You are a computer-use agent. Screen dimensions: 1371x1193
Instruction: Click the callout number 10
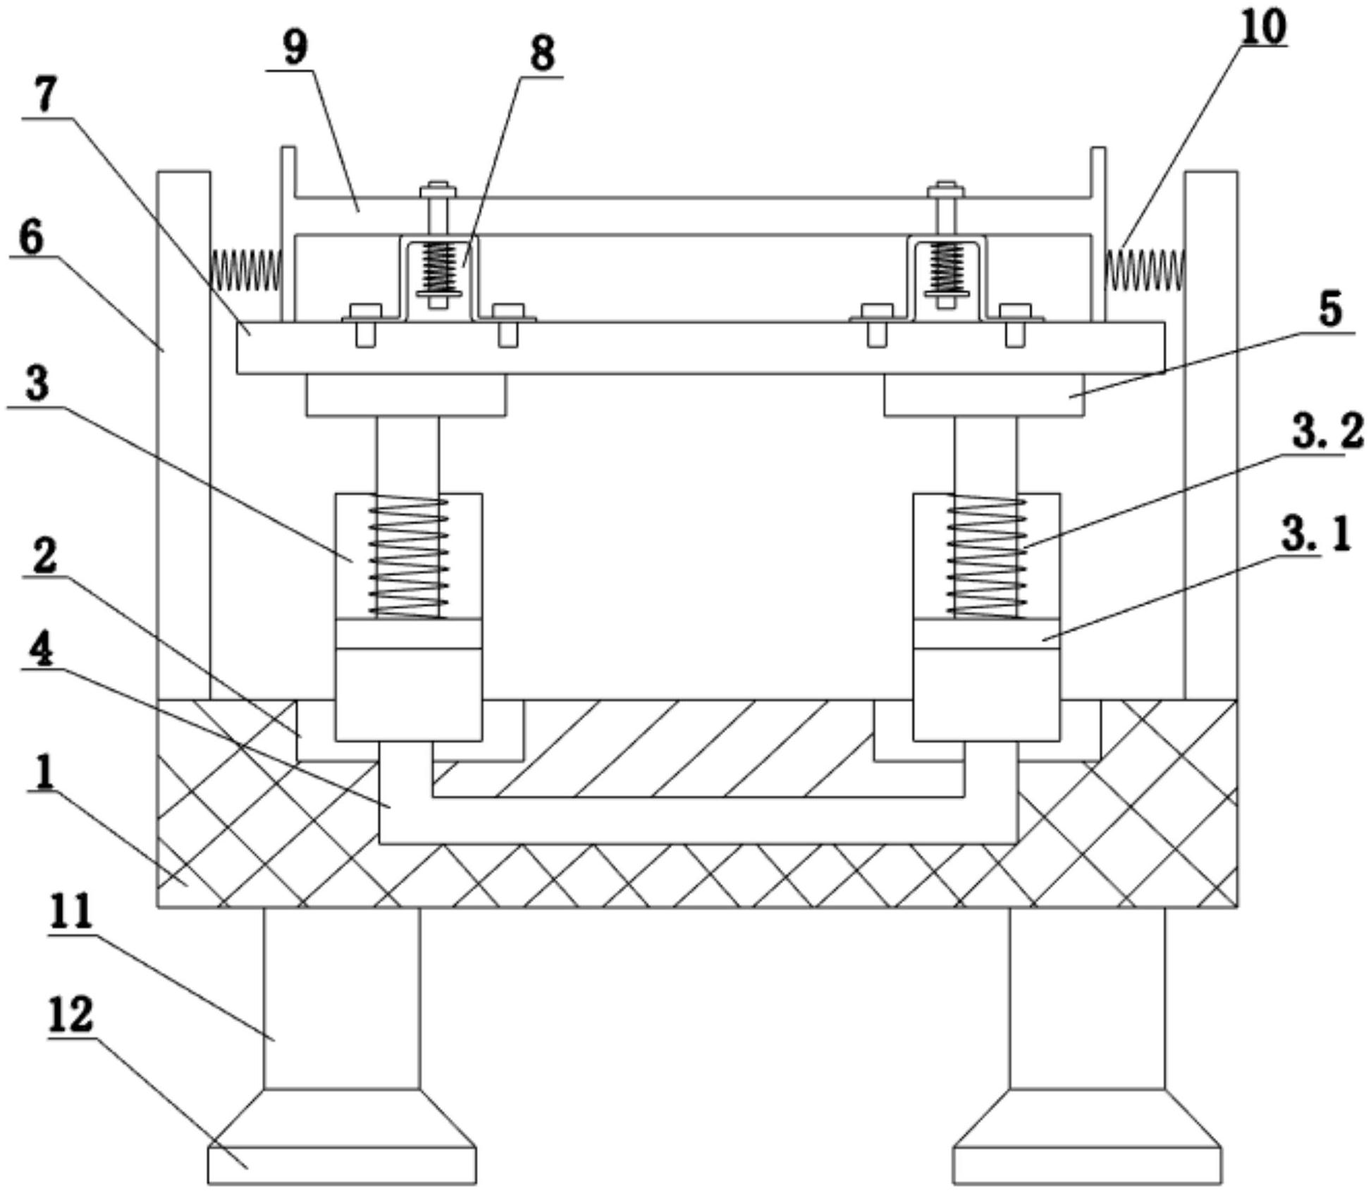1263,28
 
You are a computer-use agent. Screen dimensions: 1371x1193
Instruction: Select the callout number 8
542,54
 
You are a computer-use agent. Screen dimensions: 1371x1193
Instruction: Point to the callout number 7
46,95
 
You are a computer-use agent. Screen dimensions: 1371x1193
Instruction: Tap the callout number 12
70,1015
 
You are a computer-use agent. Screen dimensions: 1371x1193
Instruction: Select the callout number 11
70,911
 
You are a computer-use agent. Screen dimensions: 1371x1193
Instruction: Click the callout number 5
1330,310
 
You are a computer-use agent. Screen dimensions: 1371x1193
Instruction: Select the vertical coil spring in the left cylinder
410,556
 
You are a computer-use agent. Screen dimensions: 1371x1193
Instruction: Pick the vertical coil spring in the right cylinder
987,556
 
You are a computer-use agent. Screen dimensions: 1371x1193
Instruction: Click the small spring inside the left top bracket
439,267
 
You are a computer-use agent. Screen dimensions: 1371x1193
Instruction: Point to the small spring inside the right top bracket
947,267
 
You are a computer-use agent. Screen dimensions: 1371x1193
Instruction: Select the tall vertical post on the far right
1211,435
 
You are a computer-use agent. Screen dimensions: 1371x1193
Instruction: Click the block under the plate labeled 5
985,395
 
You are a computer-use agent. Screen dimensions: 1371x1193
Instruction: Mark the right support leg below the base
1087,998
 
